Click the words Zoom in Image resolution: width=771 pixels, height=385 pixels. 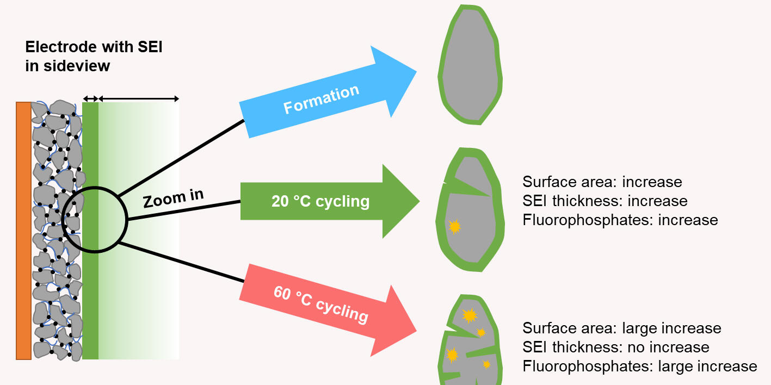(x=173, y=198)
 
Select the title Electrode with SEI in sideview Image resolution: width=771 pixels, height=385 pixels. (x=94, y=57)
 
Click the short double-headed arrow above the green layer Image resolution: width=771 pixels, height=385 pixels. (x=90, y=98)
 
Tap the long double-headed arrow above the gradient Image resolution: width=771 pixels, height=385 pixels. (x=138, y=98)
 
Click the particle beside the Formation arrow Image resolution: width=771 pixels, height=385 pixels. (x=470, y=65)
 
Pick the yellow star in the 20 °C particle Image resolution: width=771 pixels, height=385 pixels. (x=454, y=226)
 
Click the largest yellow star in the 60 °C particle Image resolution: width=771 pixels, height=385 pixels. (x=469, y=315)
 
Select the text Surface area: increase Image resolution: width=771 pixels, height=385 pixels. (x=602, y=182)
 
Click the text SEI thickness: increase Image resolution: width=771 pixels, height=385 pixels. (x=605, y=201)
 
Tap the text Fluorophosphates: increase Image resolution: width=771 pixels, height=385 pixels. (x=620, y=220)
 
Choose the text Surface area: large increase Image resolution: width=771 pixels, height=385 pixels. (x=621, y=328)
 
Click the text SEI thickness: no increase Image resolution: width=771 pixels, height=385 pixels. (x=615, y=347)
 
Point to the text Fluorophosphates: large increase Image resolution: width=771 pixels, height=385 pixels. (x=639, y=367)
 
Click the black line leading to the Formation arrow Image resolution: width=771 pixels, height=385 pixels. (x=180, y=158)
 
